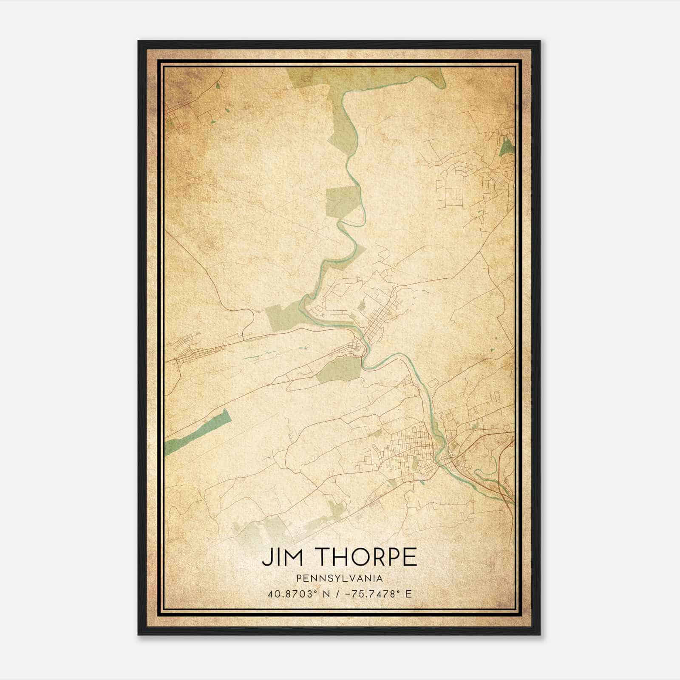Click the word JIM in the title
click(280, 558)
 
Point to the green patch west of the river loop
click(283, 314)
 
